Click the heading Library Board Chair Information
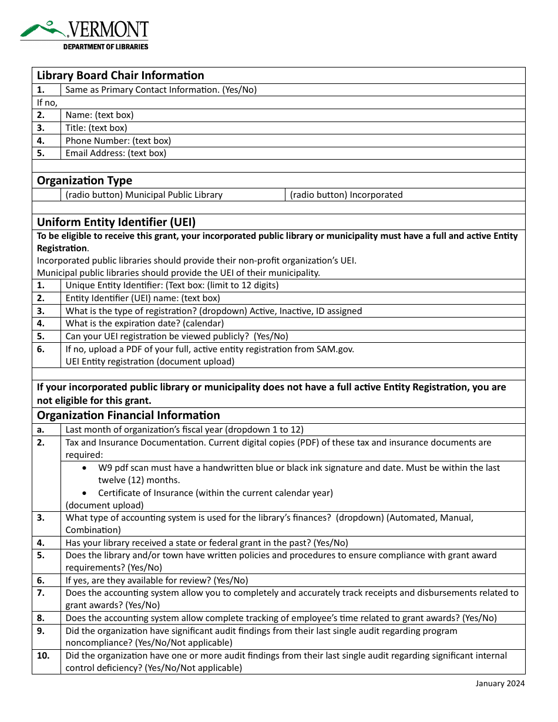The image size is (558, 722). (120, 75)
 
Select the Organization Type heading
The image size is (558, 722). (85, 180)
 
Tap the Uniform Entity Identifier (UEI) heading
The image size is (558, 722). (116, 222)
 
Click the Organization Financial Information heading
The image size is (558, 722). (128, 415)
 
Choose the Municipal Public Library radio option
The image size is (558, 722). (144, 195)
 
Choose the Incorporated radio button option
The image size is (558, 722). (346, 195)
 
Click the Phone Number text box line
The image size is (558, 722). (118, 141)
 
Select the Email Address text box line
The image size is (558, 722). (116, 153)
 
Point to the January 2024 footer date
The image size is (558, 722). (500, 683)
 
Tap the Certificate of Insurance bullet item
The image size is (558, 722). (215, 493)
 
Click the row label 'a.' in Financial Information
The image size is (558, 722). (41, 430)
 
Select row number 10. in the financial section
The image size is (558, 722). (43, 656)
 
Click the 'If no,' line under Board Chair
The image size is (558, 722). (47, 103)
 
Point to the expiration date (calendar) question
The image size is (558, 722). (144, 323)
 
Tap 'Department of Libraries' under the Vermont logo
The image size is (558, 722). (106, 47)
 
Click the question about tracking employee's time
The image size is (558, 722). (281, 618)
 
